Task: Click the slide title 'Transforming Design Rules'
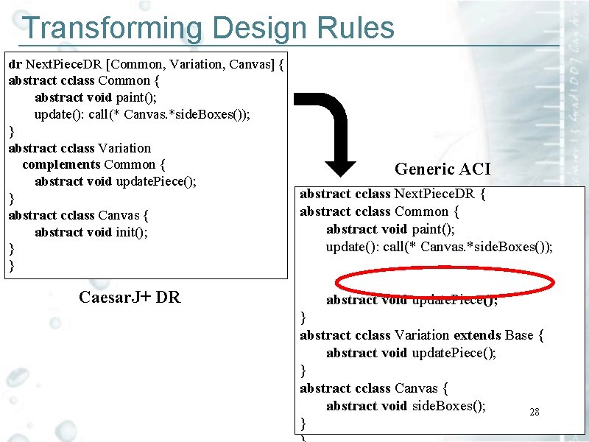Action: [x=208, y=29]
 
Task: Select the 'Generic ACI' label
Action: [x=442, y=169]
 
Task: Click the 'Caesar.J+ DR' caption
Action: [x=129, y=297]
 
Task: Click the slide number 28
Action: [x=535, y=413]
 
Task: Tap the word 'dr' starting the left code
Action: [x=15, y=64]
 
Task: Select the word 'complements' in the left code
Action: [x=61, y=164]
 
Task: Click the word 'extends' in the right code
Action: [x=477, y=335]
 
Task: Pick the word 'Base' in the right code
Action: [x=519, y=335]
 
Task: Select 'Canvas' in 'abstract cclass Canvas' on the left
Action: [x=119, y=215]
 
